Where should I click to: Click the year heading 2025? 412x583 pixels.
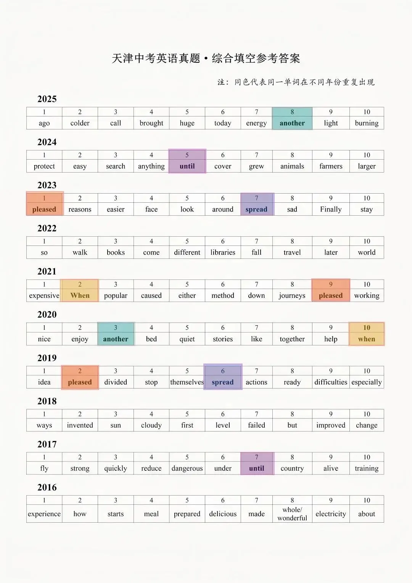(47, 99)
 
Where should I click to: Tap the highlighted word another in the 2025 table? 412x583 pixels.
(292, 123)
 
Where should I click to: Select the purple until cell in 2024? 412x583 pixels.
(187, 166)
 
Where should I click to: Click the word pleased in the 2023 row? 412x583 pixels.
(44, 209)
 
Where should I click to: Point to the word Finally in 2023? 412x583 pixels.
(331, 209)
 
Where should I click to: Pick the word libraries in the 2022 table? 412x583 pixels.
(223, 252)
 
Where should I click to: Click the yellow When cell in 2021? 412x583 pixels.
(80, 296)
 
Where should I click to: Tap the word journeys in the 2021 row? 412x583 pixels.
(292, 296)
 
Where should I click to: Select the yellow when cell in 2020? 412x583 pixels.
(367, 339)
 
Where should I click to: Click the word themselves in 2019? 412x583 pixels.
(187, 382)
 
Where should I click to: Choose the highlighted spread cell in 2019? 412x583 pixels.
(223, 382)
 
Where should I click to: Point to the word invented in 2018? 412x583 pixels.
(80, 425)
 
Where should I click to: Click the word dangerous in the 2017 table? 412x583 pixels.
(187, 468)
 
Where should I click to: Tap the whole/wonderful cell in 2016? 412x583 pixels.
(292, 514)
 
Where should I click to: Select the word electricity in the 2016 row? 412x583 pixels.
(331, 514)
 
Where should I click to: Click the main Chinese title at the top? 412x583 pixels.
(206, 58)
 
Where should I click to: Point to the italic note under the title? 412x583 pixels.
(296, 82)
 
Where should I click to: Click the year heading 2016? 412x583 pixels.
(47, 488)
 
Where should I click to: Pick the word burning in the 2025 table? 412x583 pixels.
(367, 123)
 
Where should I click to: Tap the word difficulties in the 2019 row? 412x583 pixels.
(331, 382)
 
